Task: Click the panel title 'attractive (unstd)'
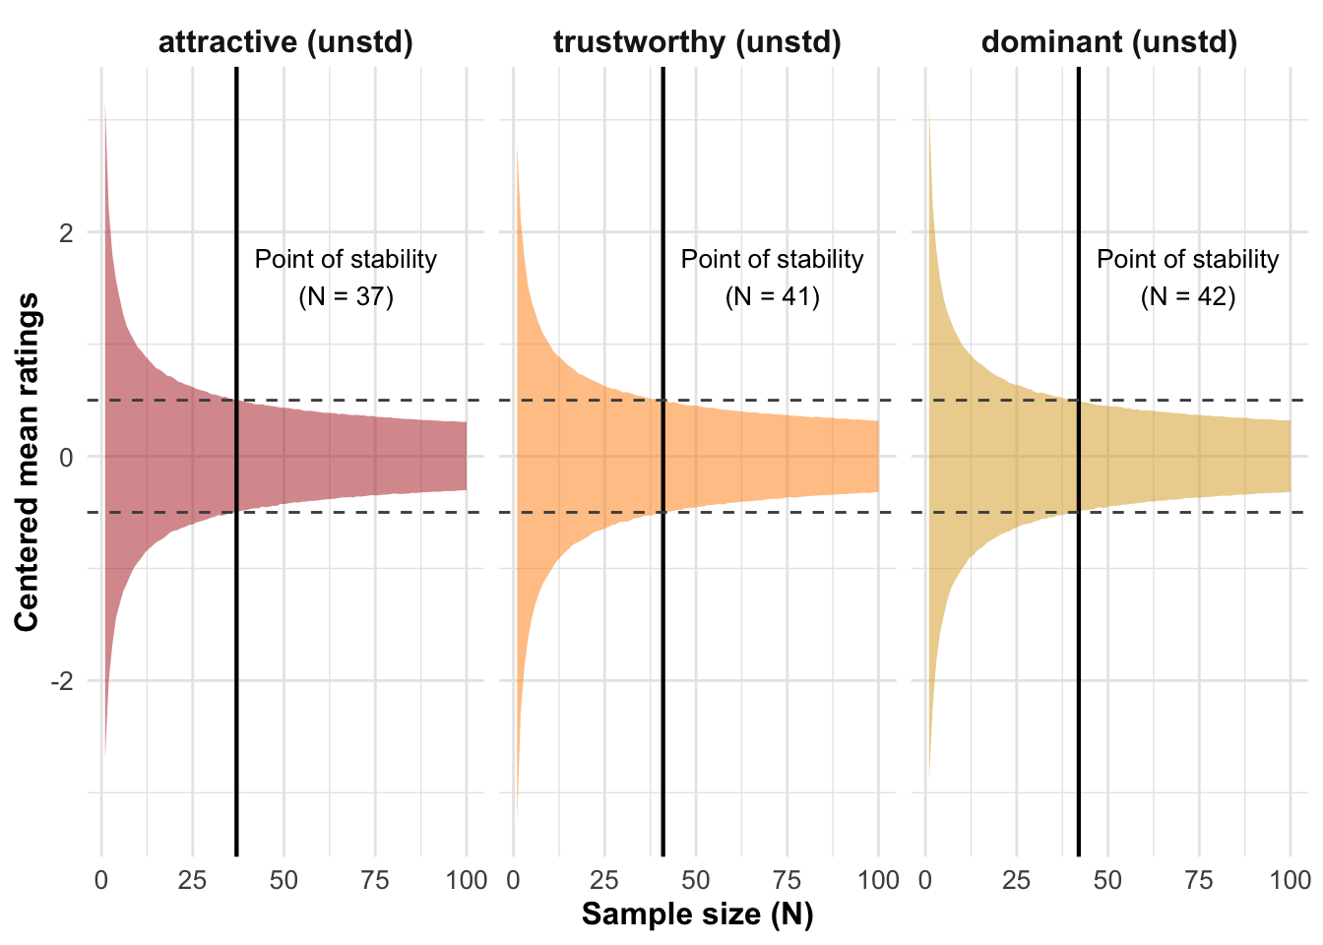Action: click(285, 42)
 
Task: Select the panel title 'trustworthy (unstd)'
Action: click(697, 42)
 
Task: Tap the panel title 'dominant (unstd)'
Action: click(1109, 42)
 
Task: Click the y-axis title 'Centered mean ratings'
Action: click(27, 462)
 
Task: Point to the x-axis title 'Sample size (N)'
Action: click(697, 914)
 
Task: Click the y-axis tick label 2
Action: click(67, 233)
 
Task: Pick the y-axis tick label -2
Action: click(62, 681)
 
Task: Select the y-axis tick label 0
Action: click(67, 457)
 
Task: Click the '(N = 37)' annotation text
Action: click(346, 296)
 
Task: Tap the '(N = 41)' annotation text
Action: click(772, 296)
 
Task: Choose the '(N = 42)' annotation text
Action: click(1187, 296)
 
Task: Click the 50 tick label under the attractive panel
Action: click(283, 880)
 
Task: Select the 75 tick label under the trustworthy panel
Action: click(787, 880)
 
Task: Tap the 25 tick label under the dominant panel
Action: click(1016, 880)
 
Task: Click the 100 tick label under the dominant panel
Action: click(1290, 880)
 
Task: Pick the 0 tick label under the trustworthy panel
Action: click(513, 880)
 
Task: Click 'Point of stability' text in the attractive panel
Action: click(346, 260)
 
